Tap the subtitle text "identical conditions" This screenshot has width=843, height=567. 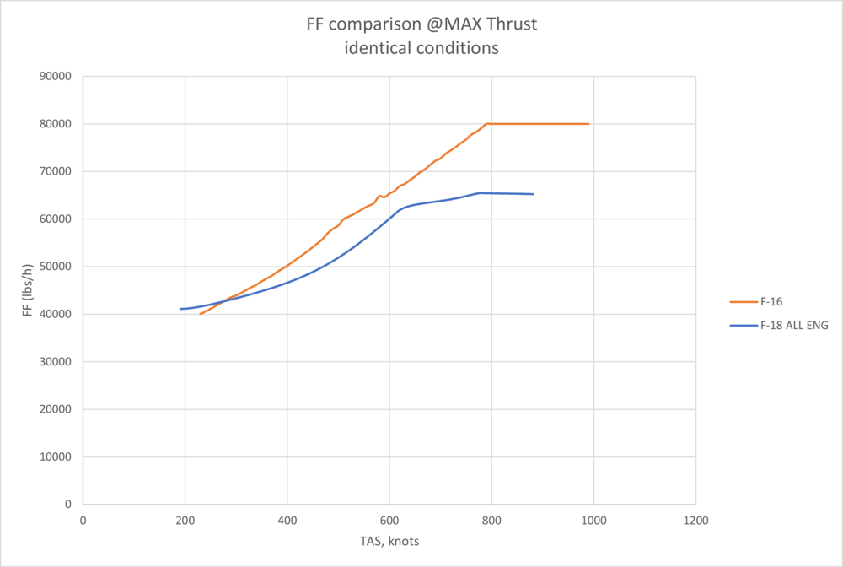pyautogui.click(x=421, y=48)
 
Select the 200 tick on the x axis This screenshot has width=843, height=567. pyautogui.click(x=185, y=520)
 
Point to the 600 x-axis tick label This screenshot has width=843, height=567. pyautogui.click(x=389, y=520)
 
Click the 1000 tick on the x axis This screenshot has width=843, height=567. pyautogui.click(x=593, y=520)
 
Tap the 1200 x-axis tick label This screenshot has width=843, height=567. pyautogui.click(x=695, y=520)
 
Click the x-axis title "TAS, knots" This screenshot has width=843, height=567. pyautogui.click(x=389, y=542)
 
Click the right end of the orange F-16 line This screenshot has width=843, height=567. pyautogui.click(x=588, y=124)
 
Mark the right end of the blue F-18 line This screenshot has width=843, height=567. pyautogui.click(x=533, y=194)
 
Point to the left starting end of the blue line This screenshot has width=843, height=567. pyautogui.click(x=180, y=309)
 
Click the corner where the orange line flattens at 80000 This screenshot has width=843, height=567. pyautogui.click(x=487, y=124)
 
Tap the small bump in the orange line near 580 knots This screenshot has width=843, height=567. pyautogui.click(x=379, y=196)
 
